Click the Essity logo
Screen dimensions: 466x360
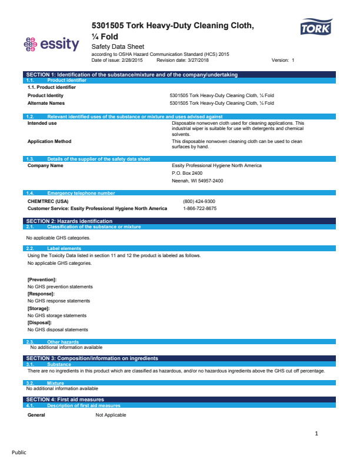(51, 44)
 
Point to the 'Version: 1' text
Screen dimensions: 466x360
(282, 61)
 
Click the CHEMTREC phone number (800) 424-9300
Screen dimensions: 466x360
(199, 201)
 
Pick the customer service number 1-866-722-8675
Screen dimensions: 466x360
(199, 208)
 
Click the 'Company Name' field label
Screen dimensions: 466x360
(45, 166)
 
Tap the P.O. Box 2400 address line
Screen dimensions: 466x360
(187, 173)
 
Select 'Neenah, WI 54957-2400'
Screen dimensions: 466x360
(198, 181)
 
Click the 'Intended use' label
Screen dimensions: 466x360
(42, 124)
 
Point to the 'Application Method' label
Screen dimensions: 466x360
(49, 141)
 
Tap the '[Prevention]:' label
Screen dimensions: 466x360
(42, 279)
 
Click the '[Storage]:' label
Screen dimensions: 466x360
(39, 308)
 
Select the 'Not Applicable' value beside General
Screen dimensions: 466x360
(111, 415)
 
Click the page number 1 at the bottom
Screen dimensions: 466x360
(316, 434)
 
